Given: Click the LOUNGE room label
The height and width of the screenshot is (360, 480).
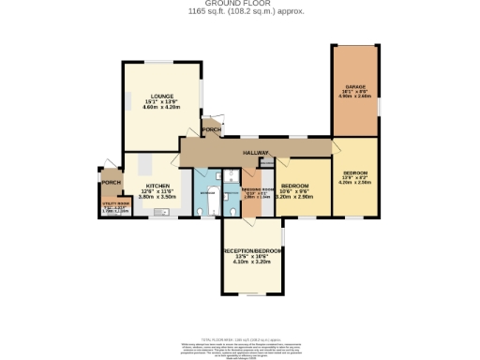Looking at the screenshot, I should [x=158, y=97].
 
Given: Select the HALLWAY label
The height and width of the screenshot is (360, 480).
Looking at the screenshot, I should [x=256, y=153].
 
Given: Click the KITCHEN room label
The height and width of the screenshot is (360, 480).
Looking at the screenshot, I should [x=157, y=186].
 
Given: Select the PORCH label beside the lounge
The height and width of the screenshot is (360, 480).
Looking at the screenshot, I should [x=213, y=130].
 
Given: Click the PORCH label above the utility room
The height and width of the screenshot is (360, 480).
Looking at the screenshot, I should [x=112, y=183].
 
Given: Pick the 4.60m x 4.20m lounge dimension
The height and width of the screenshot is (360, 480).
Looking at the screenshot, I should [x=158, y=109].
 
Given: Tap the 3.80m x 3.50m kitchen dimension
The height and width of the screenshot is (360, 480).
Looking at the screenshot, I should [x=157, y=197].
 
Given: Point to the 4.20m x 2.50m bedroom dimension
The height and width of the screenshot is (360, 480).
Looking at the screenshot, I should [x=354, y=183].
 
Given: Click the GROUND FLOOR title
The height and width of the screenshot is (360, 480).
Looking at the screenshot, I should [x=239, y=4].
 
